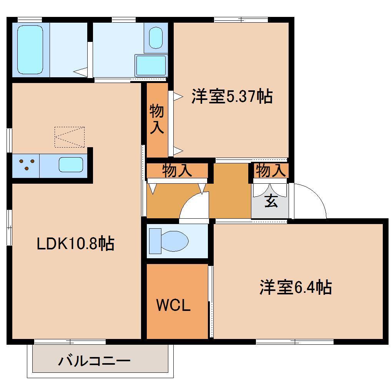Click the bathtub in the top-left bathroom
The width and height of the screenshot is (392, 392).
30,49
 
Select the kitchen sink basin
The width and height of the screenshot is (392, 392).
71,165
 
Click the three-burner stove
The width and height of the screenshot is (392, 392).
26,165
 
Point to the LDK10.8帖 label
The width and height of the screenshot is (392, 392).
75,243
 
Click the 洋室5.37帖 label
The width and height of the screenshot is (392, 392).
232,96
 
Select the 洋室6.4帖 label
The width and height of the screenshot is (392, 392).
296,287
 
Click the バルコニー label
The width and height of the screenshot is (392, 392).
95,361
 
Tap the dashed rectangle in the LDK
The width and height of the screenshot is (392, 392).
69,137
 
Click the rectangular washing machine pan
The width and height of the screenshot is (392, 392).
151,65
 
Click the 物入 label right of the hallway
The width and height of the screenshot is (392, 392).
271,170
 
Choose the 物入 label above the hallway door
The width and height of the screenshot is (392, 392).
177,171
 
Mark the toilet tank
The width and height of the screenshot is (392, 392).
155,241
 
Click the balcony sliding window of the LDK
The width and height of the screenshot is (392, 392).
70,341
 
